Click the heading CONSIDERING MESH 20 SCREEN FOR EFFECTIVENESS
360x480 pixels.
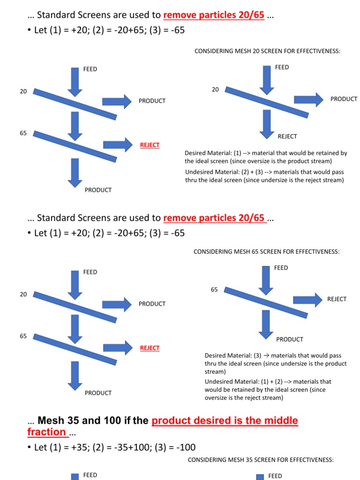[x=267, y=51]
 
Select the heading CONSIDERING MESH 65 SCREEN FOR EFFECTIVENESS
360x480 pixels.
[x=266, y=252]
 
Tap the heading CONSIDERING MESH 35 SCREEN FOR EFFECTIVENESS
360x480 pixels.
[x=261, y=460]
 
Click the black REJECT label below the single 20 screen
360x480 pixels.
[x=287, y=136]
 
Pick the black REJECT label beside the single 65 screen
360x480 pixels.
[x=337, y=299]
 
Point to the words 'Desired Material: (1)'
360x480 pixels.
[x=213, y=153]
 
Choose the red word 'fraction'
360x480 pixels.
[x=46, y=432]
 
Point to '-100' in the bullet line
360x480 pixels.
[x=185, y=447]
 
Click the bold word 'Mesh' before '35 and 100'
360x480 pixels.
[x=52, y=420]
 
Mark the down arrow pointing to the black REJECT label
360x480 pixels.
[x=267, y=124]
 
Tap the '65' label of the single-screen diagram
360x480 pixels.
[x=214, y=290]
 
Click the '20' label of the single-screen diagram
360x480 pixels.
[x=215, y=89]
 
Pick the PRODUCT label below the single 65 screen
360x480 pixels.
[x=290, y=339]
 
